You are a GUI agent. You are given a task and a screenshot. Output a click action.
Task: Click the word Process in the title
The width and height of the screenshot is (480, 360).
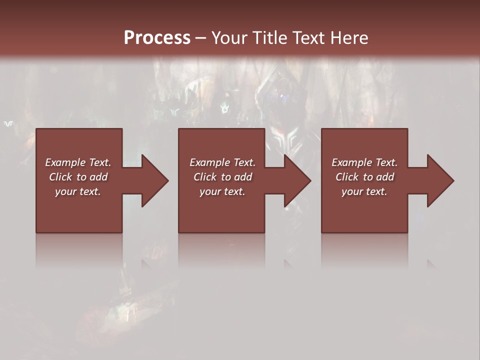(x=157, y=38)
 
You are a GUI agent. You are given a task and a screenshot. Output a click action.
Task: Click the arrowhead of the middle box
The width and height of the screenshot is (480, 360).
(x=297, y=180)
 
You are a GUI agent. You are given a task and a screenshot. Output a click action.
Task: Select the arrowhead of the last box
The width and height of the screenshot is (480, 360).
(x=440, y=180)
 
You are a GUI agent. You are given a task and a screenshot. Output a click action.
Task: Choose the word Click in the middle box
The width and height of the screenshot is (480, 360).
(x=205, y=177)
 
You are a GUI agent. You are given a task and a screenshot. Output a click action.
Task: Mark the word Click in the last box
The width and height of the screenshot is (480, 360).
(x=347, y=177)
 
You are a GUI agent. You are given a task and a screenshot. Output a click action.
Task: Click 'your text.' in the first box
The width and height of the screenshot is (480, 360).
(x=78, y=191)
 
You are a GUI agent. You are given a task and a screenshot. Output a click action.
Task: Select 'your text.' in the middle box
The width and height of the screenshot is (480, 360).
(x=222, y=191)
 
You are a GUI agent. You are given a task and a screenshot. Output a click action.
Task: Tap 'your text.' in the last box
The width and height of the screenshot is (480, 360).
(x=364, y=191)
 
